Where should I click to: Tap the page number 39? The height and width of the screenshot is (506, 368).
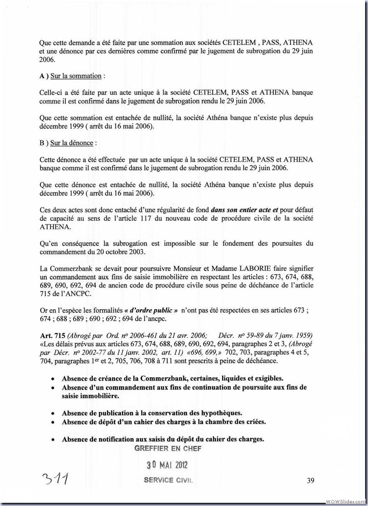[310, 481]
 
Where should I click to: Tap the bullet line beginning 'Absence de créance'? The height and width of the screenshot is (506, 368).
[172, 378]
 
